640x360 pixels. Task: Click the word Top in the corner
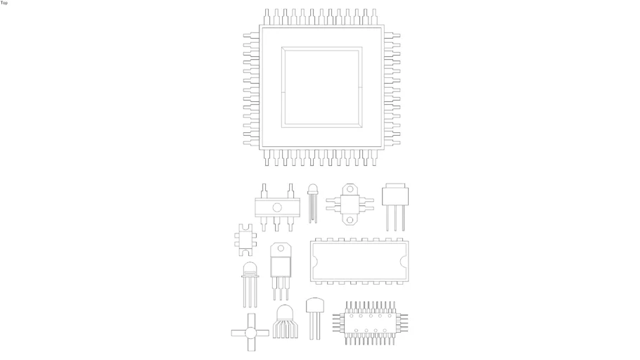click(4, 2)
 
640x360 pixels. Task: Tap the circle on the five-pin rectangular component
click(277, 207)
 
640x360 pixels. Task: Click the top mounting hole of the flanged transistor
click(350, 189)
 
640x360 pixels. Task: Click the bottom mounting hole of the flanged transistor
click(350, 220)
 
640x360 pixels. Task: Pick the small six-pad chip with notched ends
click(245, 240)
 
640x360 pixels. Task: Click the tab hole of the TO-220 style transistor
click(281, 248)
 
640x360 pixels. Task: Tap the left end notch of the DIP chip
click(313, 261)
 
